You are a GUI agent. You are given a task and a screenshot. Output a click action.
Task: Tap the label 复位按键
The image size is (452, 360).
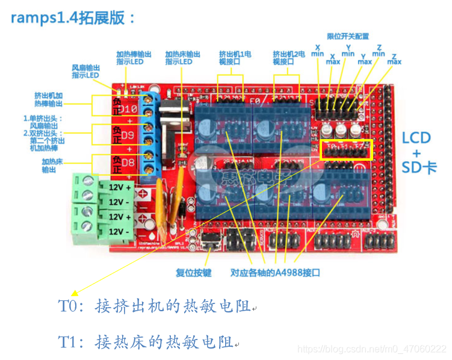coord(193,273)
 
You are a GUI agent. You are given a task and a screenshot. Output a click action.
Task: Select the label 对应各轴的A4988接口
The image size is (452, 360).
coord(275,273)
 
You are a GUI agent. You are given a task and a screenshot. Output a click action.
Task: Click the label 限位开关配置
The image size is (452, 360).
coord(347,36)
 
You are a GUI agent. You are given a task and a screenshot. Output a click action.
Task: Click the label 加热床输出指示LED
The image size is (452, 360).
coord(179,58)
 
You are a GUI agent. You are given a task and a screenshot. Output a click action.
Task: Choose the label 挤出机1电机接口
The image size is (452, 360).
coord(235,58)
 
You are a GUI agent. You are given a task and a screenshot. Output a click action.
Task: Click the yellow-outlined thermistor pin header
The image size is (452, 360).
coord(347,151)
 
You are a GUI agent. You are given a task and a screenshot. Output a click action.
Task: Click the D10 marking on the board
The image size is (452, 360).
coord(129,110)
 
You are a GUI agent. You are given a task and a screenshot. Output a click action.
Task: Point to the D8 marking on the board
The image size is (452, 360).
coord(128,162)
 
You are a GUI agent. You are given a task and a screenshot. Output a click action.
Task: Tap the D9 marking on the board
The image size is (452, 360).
coord(128,135)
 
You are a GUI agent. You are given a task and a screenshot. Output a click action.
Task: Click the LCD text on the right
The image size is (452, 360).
coord(416,138)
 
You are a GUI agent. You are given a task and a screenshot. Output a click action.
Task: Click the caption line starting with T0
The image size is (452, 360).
coord(155,307)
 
